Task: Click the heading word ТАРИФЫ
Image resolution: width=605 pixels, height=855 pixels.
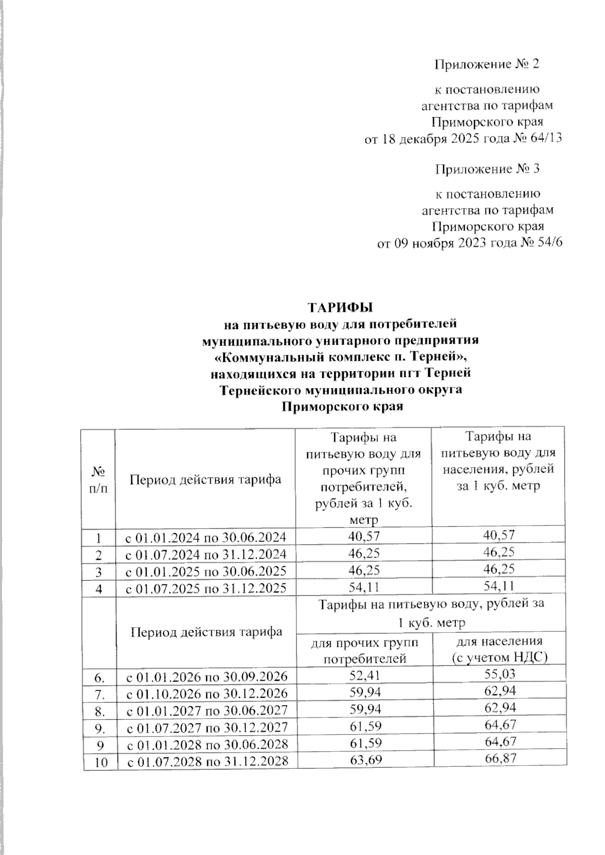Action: pyautogui.click(x=340, y=306)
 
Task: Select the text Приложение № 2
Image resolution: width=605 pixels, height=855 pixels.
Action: pyautogui.click(x=487, y=64)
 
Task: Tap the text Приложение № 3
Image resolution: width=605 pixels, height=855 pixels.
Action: pyautogui.click(x=487, y=169)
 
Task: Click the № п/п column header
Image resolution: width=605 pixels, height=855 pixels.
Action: pyautogui.click(x=99, y=478)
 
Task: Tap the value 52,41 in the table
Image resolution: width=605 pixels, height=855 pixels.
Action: pyautogui.click(x=364, y=675)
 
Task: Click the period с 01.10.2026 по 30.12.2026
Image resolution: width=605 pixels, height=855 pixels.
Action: pyautogui.click(x=206, y=693)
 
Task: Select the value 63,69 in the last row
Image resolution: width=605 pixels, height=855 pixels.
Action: pyautogui.click(x=364, y=759)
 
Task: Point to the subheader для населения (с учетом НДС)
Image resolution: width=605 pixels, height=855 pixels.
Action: pyautogui.click(x=499, y=649)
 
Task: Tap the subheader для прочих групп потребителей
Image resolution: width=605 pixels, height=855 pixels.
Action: pyautogui.click(x=364, y=650)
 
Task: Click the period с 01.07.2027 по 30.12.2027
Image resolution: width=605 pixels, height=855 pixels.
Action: pyautogui.click(x=206, y=727)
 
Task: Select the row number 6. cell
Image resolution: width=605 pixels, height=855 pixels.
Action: pyautogui.click(x=100, y=676)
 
